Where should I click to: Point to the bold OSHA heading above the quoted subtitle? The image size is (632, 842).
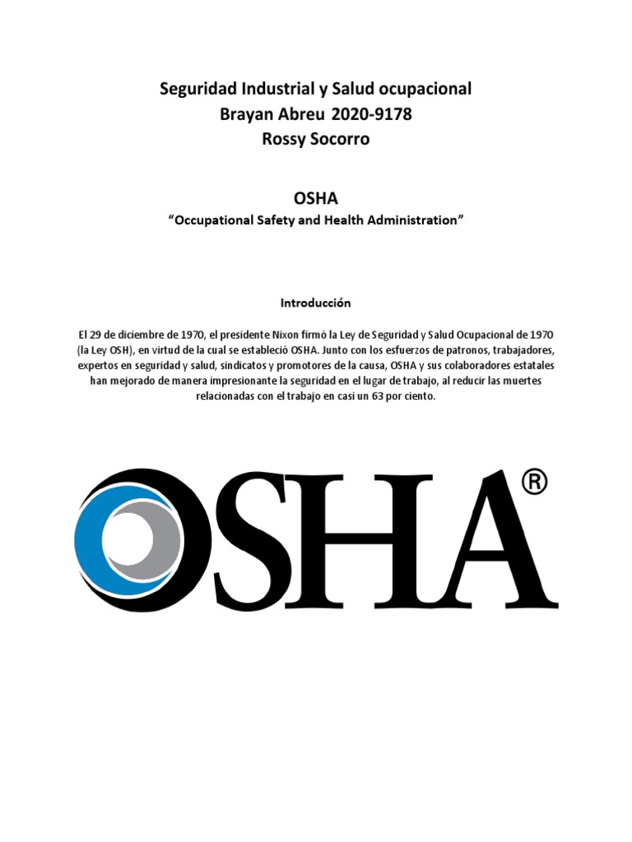(316, 199)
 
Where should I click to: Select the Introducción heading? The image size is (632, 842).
(316, 303)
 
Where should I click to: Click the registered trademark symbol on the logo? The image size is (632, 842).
(534, 483)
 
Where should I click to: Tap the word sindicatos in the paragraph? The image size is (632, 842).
(249, 366)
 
